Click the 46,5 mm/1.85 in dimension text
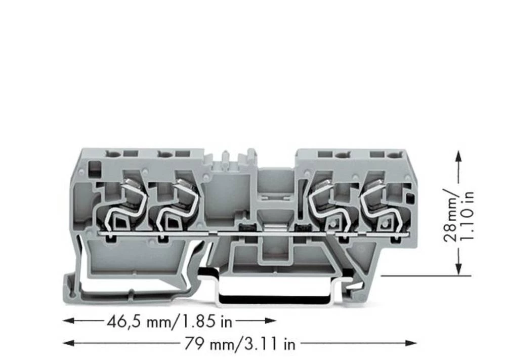[x=170, y=321]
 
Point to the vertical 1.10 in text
[x=468, y=215]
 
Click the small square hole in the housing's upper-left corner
[x=94, y=166]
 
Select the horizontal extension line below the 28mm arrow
[x=425, y=276]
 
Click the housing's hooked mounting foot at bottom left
[x=76, y=289]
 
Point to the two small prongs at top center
[x=236, y=154]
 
